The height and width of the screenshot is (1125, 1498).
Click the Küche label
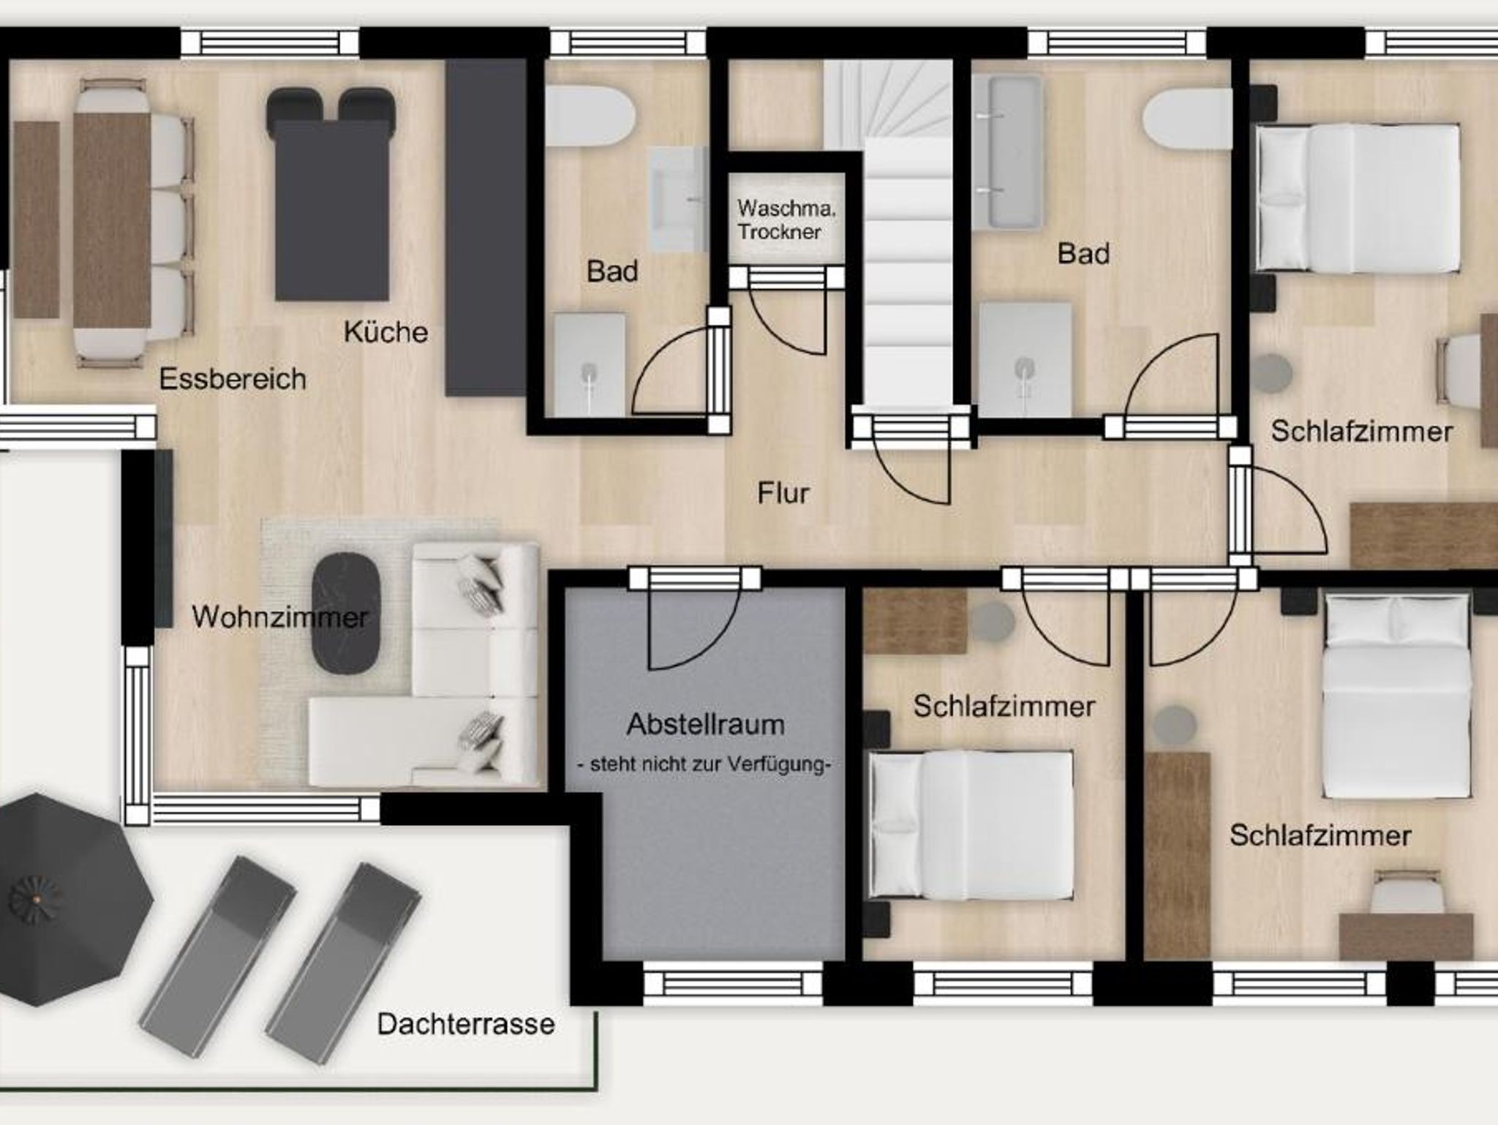coord(385,332)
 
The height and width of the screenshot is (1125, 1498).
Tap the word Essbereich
coord(233,379)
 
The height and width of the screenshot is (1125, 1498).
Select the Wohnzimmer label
coord(279,617)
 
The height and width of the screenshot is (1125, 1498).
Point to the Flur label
coord(783,493)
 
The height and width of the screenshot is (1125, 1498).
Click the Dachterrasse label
coord(466,1023)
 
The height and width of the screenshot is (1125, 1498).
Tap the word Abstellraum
coord(706,724)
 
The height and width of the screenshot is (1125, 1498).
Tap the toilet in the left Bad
coord(590,116)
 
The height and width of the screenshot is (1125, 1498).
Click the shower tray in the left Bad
coord(589,365)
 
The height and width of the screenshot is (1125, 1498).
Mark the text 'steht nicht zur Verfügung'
coord(704,765)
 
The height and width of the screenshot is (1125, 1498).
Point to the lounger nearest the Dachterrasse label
coord(344,963)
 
